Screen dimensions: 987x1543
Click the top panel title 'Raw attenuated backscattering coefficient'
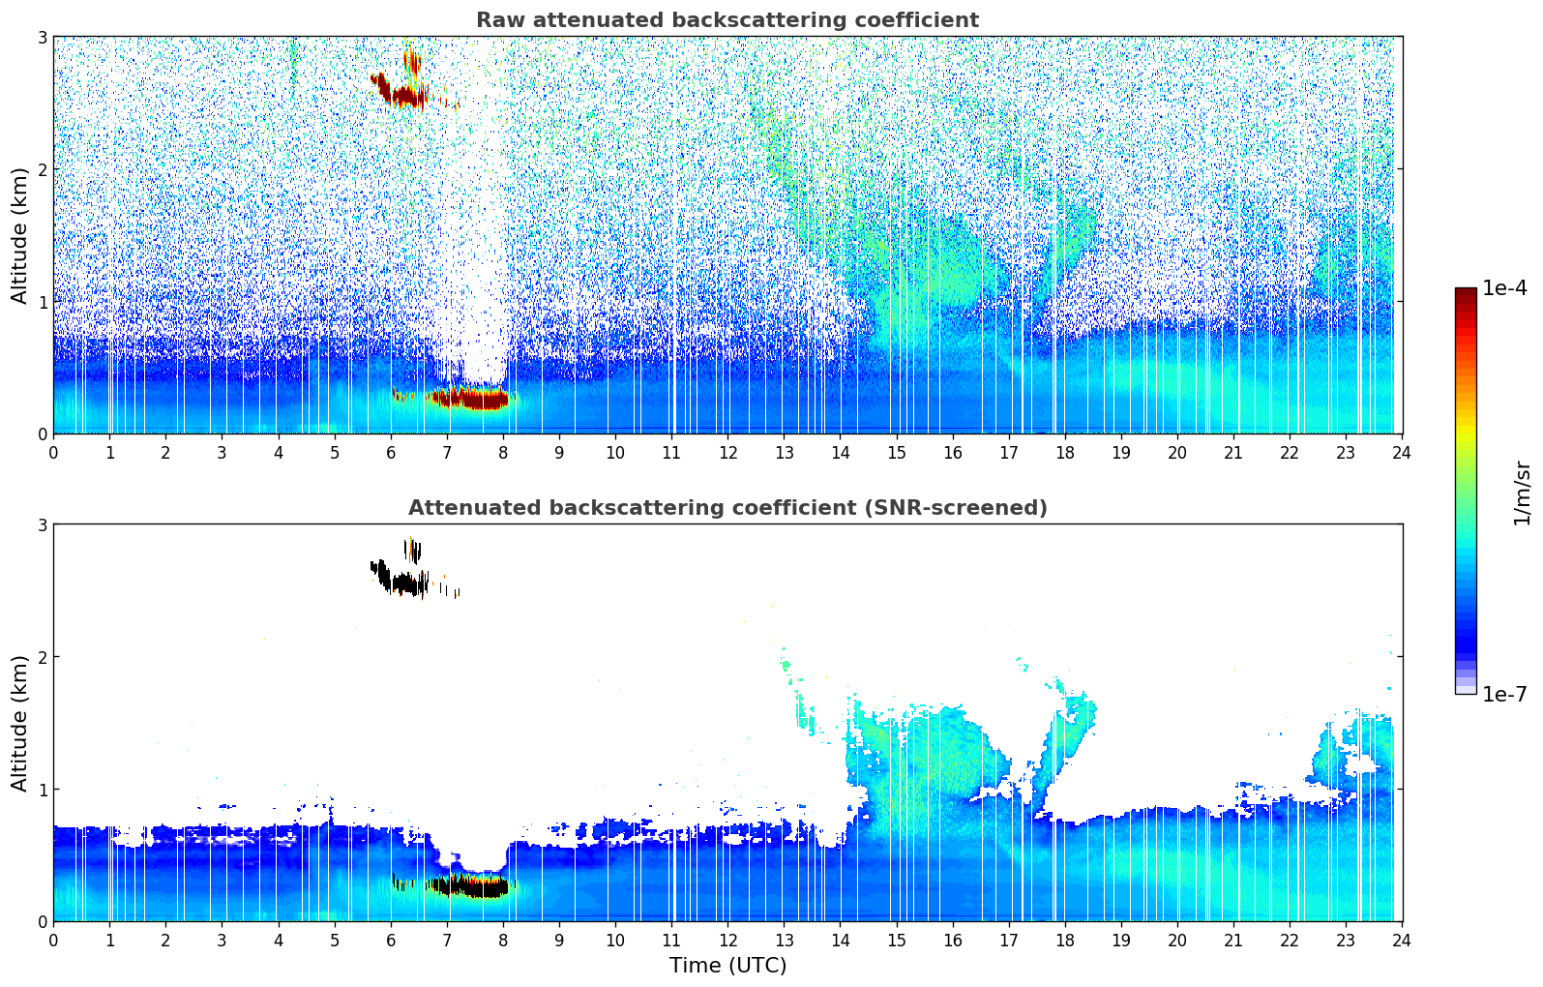tap(727, 20)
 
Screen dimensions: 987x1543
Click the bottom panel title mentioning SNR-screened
tap(727, 508)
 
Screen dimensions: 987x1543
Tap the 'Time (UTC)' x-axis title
tap(727, 965)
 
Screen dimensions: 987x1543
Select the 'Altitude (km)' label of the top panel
tap(20, 235)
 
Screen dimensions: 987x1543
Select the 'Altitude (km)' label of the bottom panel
tap(20, 723)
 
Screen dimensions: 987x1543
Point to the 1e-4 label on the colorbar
tap(1504, 288)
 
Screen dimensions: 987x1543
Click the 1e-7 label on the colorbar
tap(1504, 694)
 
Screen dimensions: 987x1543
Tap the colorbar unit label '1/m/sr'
tap(1522, 493)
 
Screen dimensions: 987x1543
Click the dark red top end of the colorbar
tap(1466, 293)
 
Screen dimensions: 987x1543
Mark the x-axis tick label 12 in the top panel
tap(727, 453)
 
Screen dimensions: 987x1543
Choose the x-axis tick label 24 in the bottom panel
tap(1401, 941)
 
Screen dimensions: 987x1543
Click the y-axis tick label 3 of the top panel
tap(43, 37)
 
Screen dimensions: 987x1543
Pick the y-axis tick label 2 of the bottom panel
tap(43, 657)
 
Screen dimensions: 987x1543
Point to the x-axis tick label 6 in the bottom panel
tap(391, 941)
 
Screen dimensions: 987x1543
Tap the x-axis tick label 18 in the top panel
tap(1064, 453)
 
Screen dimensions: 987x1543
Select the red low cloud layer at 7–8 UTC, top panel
tap(471, 398)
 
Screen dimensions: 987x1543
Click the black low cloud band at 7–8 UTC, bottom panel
tap(471, 886)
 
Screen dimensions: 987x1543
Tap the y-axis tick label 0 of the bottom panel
tap(43, 922)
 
